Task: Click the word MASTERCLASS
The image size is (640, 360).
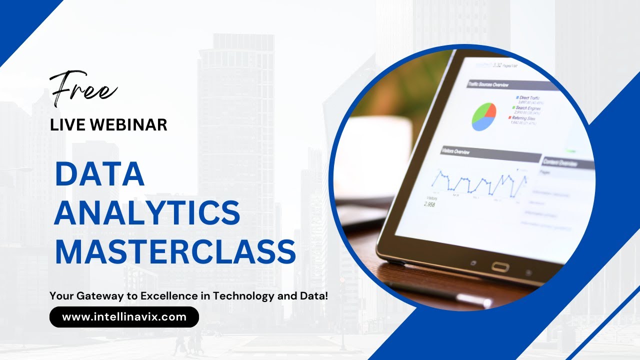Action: pos(175,251)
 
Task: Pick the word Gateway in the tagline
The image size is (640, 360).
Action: pos(100,295)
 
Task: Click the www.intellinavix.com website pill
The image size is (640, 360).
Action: pos(124,317)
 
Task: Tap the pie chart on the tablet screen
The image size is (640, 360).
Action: pos(483,116)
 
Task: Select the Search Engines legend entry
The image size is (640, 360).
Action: pos(527,108)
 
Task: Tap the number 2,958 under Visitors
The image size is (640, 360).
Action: pos(429,204)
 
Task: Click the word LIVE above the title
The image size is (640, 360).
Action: pos(64,125)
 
